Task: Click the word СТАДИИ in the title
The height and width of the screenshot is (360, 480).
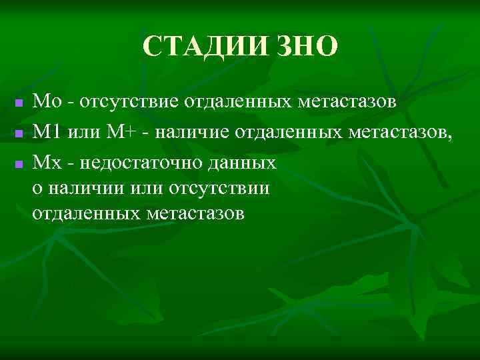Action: tap(203, 47)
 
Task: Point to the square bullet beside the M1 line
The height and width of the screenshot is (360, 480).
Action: tap(19, 134)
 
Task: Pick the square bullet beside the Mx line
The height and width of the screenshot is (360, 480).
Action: tap(19, 163)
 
